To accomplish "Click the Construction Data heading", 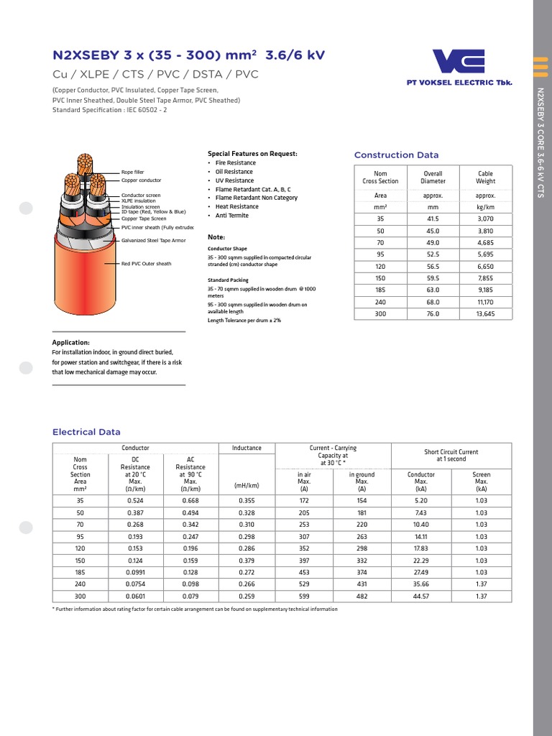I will pos(396,155).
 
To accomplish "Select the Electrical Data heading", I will pos(86,432).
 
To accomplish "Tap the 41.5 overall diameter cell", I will pos(433,218).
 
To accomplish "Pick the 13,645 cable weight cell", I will pos(485,314).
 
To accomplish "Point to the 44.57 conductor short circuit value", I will pos(420,597).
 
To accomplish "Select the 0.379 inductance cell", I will pos(247,561).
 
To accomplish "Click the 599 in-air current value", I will pos(304,597).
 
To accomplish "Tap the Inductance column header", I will pos(247,448).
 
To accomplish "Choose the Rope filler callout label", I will pos(133,172).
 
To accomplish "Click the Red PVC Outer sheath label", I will pos(147,264).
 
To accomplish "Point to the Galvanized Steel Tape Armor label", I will pos(154,241).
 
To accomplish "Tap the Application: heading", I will pos(71,343).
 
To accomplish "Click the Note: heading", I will pos(216,237).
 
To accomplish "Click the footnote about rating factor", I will pos(195,609).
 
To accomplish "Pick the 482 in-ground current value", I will pos(362,597).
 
